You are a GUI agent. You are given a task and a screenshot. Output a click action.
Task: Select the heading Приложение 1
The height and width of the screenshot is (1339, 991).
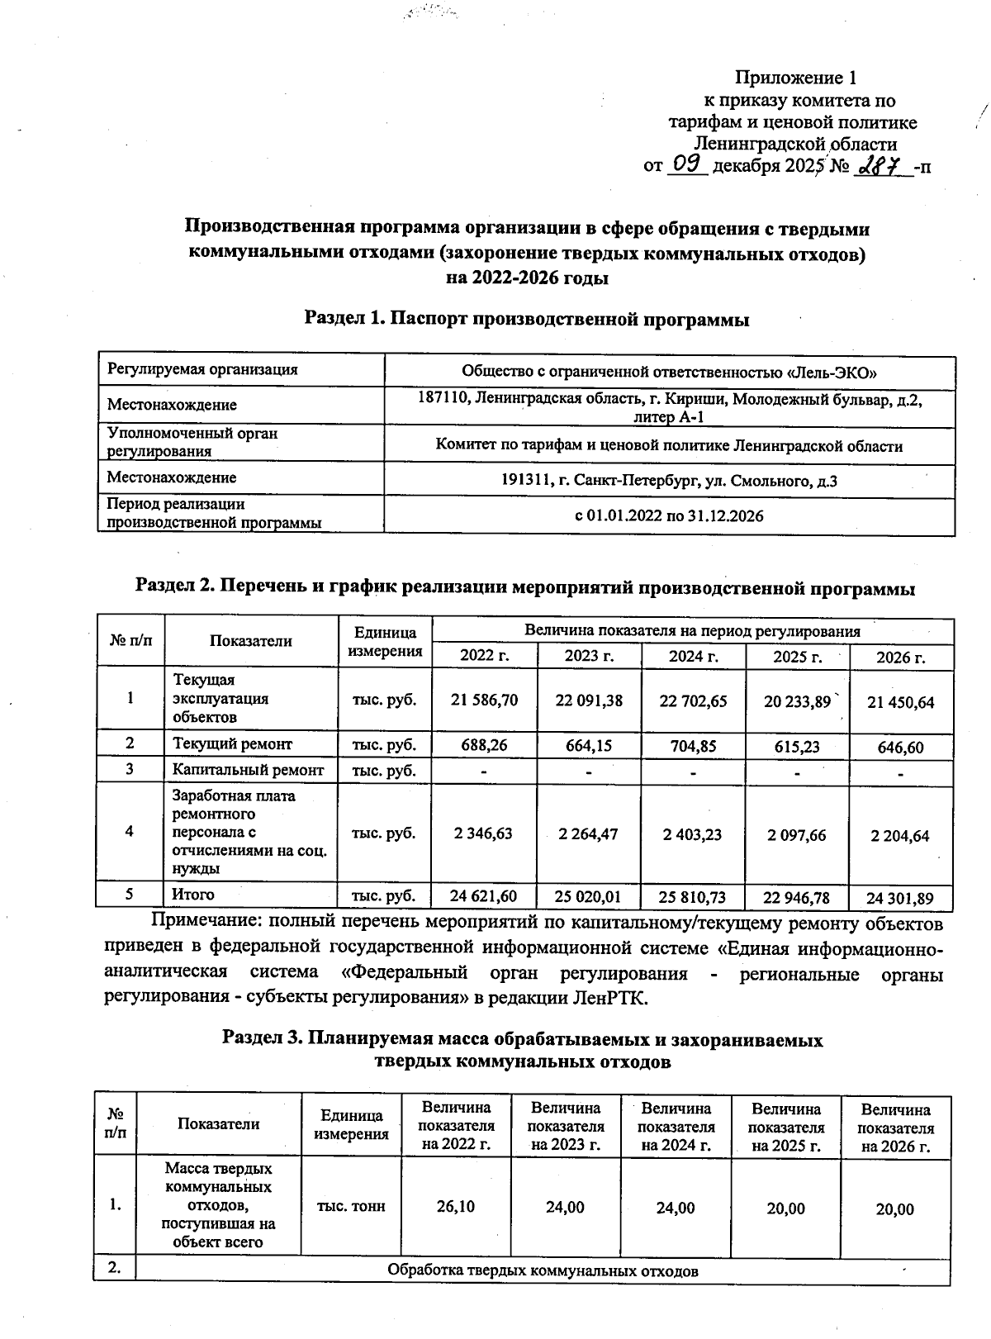click(795, 78)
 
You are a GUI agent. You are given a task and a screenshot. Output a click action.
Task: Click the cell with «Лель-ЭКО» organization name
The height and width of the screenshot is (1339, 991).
click(669, 371)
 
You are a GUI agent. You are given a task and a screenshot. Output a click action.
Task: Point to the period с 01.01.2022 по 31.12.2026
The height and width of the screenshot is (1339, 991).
click(669, 516)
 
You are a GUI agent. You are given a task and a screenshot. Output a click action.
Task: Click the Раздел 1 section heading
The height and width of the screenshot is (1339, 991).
click(527, 319)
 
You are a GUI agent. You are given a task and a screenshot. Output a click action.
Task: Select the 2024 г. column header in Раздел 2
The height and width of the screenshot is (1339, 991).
click(693, 657)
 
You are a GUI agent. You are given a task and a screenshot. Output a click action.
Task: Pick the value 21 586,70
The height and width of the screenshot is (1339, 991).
click(485, 700)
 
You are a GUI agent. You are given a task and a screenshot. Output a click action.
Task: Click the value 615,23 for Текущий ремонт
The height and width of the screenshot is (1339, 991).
click(797, 746)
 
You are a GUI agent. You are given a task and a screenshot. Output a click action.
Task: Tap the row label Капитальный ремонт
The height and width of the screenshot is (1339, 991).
click(248, 770)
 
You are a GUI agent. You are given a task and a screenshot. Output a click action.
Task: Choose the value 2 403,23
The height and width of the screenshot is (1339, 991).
click(693, 834)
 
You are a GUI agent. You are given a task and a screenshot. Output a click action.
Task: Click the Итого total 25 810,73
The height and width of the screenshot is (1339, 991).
click(693, 896)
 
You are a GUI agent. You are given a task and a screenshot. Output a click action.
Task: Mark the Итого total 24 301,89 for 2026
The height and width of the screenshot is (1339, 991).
click(900, 897)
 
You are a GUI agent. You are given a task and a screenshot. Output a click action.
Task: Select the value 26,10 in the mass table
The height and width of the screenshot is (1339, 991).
click(455, 1207)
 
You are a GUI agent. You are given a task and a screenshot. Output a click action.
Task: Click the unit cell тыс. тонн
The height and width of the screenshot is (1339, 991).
click(351, 1206)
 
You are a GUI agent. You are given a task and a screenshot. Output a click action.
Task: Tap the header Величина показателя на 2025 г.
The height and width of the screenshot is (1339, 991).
click(785, 1128)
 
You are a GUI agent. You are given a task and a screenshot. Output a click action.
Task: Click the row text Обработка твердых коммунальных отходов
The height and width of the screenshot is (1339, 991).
click(543, 1270)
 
